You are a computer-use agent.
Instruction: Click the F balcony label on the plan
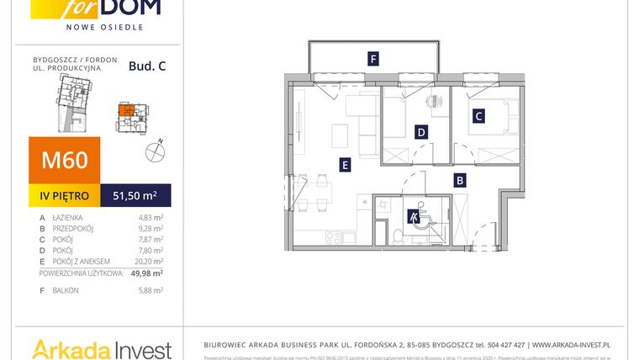point(372,59)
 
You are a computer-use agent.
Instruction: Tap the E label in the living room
point(345,165)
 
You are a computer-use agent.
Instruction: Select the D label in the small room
point(420,131)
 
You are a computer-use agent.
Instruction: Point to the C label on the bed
point(478,117)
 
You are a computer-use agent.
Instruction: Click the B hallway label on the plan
point(460,179)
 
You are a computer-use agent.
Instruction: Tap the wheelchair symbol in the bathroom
point(415,217)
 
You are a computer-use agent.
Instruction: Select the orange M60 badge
point(65,160)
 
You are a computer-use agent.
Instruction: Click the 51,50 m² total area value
point(135,196)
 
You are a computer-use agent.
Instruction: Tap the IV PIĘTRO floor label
point(65,196)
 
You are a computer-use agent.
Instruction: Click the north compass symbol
point(154,151)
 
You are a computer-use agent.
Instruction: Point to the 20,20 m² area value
point(150,262)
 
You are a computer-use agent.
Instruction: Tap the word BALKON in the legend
point(66,290)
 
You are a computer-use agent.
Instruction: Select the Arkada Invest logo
point(101,348)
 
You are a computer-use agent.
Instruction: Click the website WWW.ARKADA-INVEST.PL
point(572,345)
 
